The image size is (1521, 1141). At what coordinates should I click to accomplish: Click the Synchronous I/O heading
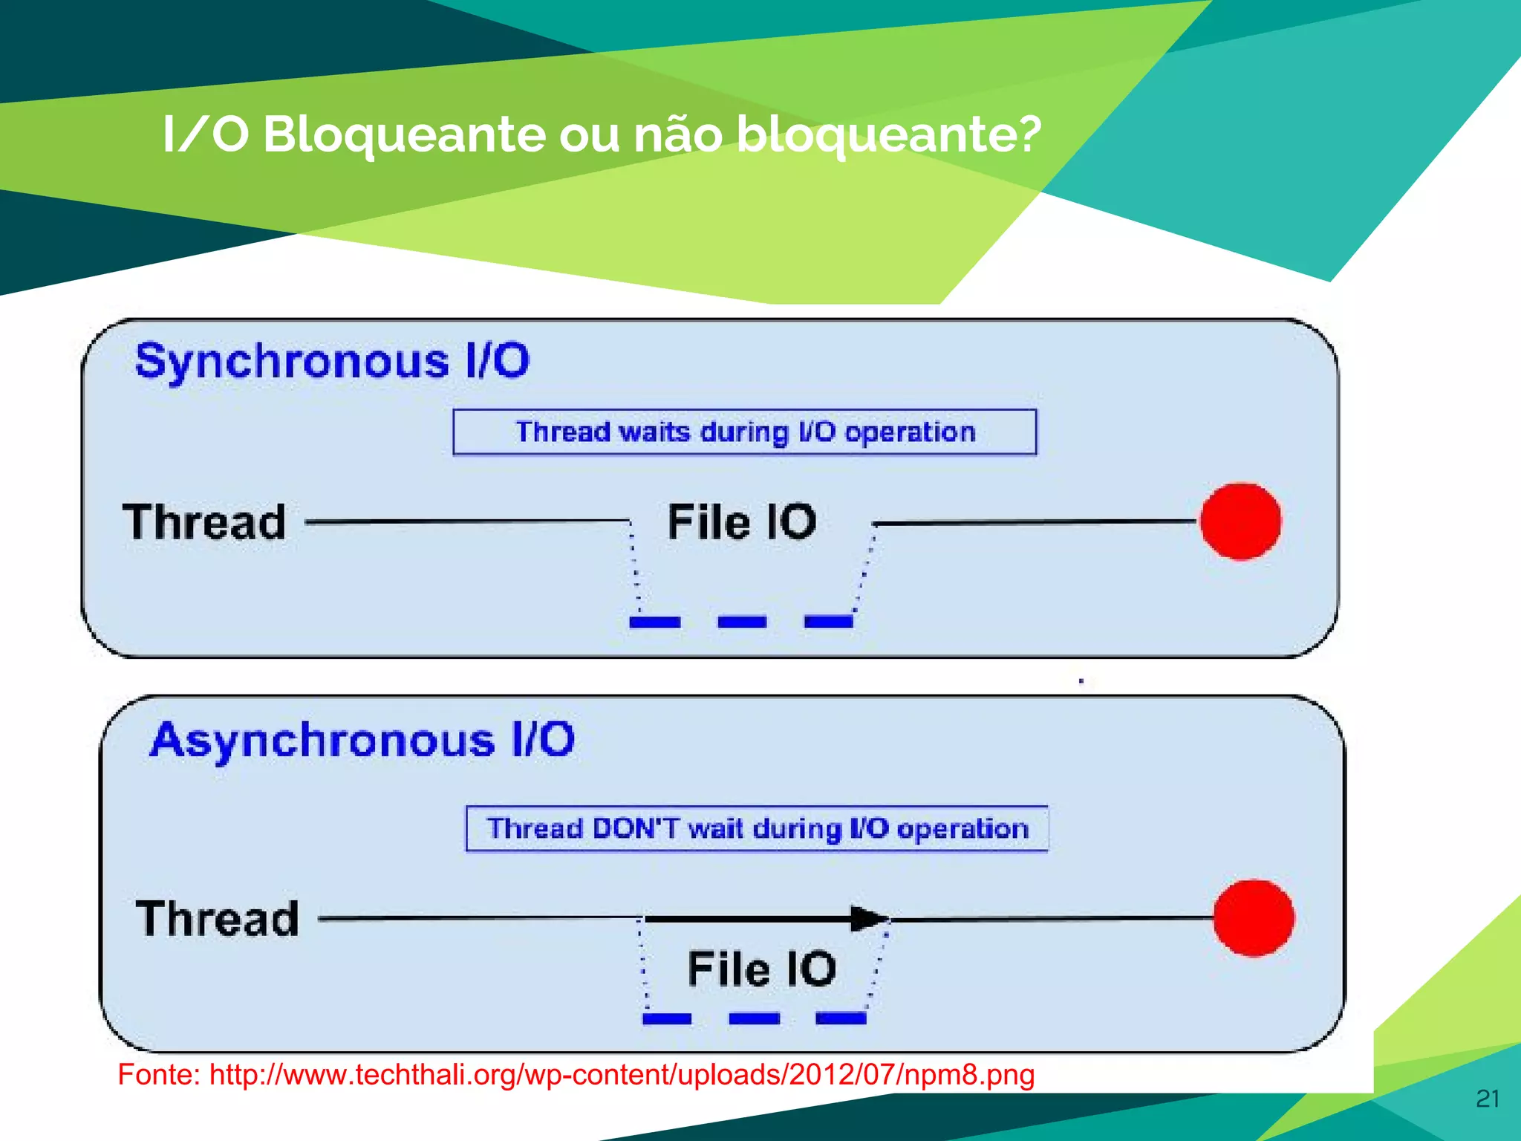(332, 362)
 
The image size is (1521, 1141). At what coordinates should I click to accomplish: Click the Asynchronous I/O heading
(362, 741)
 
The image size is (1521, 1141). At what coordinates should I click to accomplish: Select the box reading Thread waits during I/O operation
(744, 432)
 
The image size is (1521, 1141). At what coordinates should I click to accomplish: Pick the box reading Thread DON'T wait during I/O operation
(757, 828)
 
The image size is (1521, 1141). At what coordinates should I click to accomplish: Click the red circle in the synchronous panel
(1240, 521)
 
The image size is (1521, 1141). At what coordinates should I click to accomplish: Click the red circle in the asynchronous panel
(1253, 918)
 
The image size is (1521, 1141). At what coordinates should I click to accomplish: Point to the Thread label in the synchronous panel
(204, 521)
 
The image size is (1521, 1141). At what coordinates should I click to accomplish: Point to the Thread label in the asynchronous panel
(217, 918)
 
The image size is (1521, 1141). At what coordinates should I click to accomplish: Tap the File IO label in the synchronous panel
(741, 521)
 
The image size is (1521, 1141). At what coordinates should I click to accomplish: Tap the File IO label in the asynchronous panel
(761, 969)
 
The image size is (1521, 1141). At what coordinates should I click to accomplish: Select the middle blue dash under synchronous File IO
(742, 622)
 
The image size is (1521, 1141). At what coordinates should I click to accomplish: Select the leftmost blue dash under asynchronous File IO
(666, 1018)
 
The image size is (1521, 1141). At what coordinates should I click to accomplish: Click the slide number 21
(1488, 1099)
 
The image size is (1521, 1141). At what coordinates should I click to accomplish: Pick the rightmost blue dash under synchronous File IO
(828, 622)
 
